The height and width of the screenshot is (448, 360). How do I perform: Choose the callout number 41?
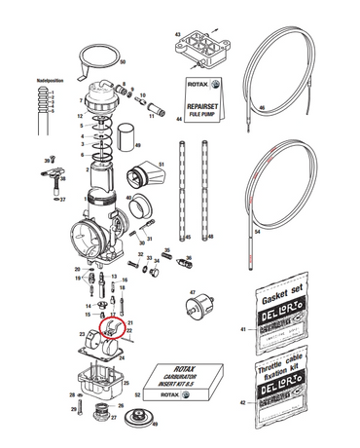coord(243,332)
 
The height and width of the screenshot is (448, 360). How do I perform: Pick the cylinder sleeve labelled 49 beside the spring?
coord(126,138)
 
